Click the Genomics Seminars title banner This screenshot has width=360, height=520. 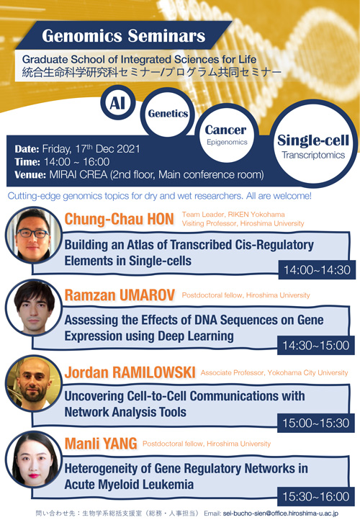(x=123, y=35)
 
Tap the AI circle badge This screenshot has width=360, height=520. (x=117, y=102)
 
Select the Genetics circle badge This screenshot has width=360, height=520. (x=168, y=113)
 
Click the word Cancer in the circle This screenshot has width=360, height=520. (x=225, y=130)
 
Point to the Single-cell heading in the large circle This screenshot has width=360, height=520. (x=313, y=140)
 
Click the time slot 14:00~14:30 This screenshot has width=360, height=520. (x=317, y=269)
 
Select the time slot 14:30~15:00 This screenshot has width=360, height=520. (x=316, y=345)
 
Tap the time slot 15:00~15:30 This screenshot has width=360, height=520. (x=316, y=423)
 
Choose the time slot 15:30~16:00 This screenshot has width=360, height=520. (x=316, y=496)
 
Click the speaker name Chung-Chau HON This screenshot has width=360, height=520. (x=119, y=219)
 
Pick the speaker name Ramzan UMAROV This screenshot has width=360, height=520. (x=120, y=295)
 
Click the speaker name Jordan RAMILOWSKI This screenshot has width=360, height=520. (x=130, y=372)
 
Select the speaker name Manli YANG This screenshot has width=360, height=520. (x=101, y=444)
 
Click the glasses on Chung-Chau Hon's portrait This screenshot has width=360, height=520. (x=32, y=233)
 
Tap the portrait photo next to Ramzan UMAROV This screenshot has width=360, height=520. (x=34, y=308)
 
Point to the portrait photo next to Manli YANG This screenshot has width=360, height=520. (x=34, y=460)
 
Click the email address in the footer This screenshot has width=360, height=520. (x=281, y=514)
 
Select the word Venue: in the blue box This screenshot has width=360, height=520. (x=30, y=175)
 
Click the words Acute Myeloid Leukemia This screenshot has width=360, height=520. (x=129, y=485)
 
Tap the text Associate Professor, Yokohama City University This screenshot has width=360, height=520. (x=274, y=373)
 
